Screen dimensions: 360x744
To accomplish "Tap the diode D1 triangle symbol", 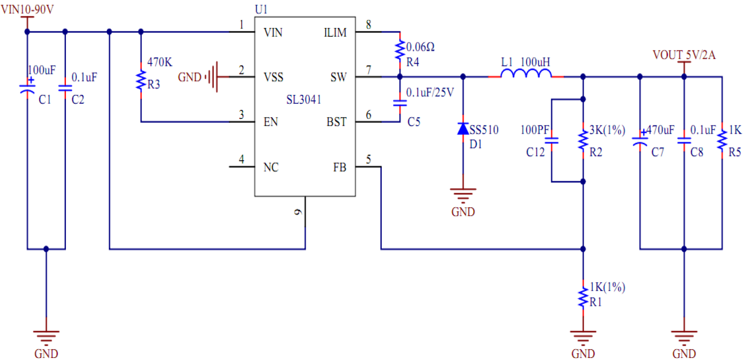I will (463, 129).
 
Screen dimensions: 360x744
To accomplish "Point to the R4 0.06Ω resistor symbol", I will (399, 50).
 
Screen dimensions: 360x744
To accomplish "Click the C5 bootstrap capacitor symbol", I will (399, 103).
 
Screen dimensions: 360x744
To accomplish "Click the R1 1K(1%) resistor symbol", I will (583, 297).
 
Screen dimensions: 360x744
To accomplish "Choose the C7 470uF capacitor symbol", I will (640, 141).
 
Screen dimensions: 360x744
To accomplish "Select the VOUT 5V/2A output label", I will (684, 55).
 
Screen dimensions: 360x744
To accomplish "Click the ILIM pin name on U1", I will (335, 33).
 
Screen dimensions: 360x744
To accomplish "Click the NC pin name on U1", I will (271, 167).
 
